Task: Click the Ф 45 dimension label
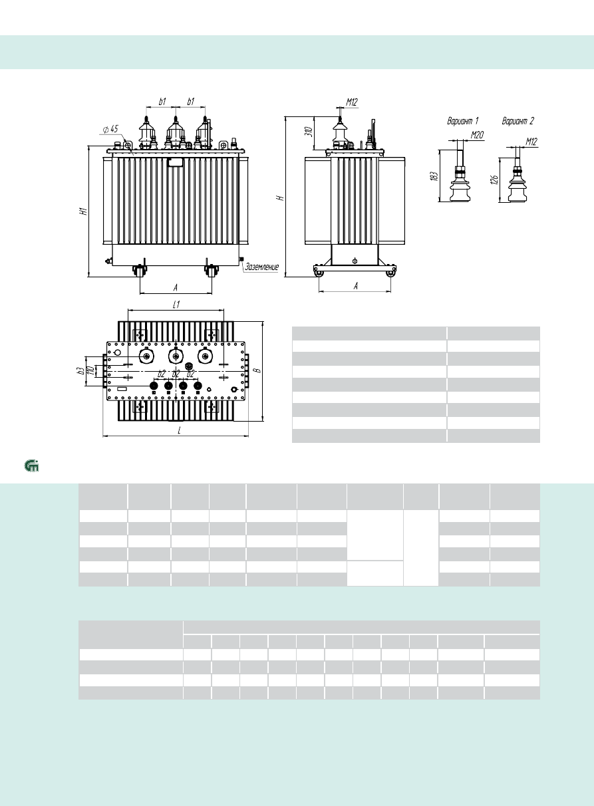click(x=110, y=129)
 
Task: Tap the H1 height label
click(x=83, y=211)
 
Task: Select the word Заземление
click(x=261, y=267)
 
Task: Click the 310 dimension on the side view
click(x=309, y=132)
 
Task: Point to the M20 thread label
click(x=477, y=135)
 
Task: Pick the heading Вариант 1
click(x=463, y=121)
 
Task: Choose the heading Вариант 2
click(x=518, y=121)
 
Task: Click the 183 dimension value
click(x=434, y=176)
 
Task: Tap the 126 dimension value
click(x=495, y=180)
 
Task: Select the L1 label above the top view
click(x=176, y=305)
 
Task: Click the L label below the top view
click(x=179, y=431)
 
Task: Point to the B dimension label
click(x=258, y=370)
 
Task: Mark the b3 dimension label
click(x=82, y=370)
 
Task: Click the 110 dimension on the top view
click(x=90, y=370)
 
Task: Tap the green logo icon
click(x=32, y=466)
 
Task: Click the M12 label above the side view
click(x=352, y=102)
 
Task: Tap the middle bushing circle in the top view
click(x=176, y=356)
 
